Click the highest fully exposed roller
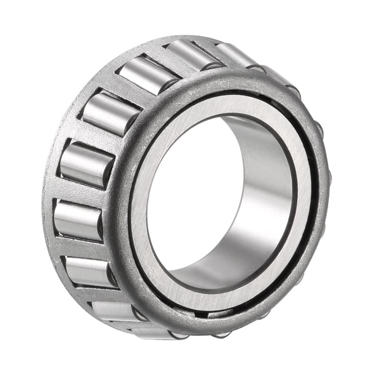(193, 54)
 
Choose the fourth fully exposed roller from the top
(86, 163)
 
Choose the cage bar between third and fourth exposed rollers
(95, 136)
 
